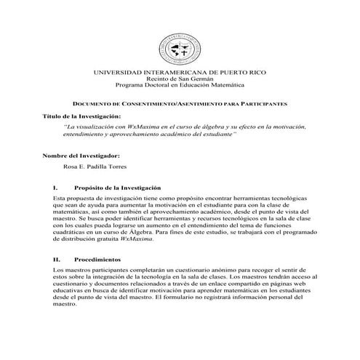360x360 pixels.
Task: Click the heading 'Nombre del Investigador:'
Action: pyautogui.click(x=79, y=156)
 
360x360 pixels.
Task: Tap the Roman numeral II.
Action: pyautogui.click(x=56, y=258)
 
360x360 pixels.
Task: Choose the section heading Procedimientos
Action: pyautogui.click(x=98, y=258)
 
